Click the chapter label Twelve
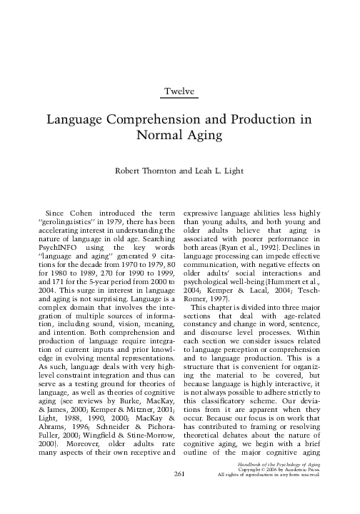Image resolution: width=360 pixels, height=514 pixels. pos(179,92)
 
